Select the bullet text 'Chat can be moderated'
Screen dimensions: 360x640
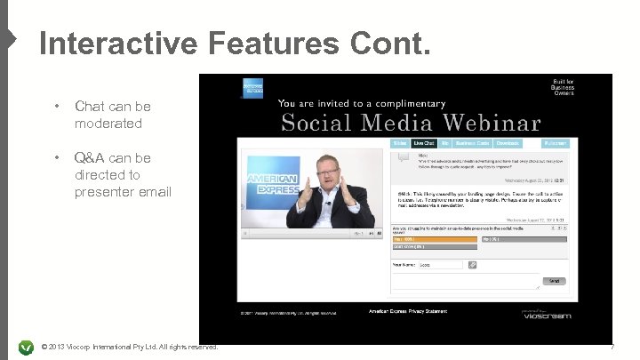[112, 116]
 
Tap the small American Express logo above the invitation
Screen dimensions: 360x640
[253, 87]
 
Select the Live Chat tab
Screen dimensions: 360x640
[424, 142]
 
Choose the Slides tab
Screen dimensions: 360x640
[400, 142]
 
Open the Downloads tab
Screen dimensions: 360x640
[508, 142]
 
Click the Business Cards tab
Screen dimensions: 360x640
[472, 142]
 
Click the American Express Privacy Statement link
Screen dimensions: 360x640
[409, 311]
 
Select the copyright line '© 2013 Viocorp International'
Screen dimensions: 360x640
[129, 347]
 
